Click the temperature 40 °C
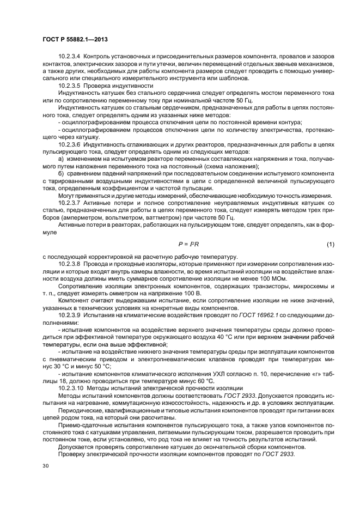pos(220,337)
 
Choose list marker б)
pos(60,173)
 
